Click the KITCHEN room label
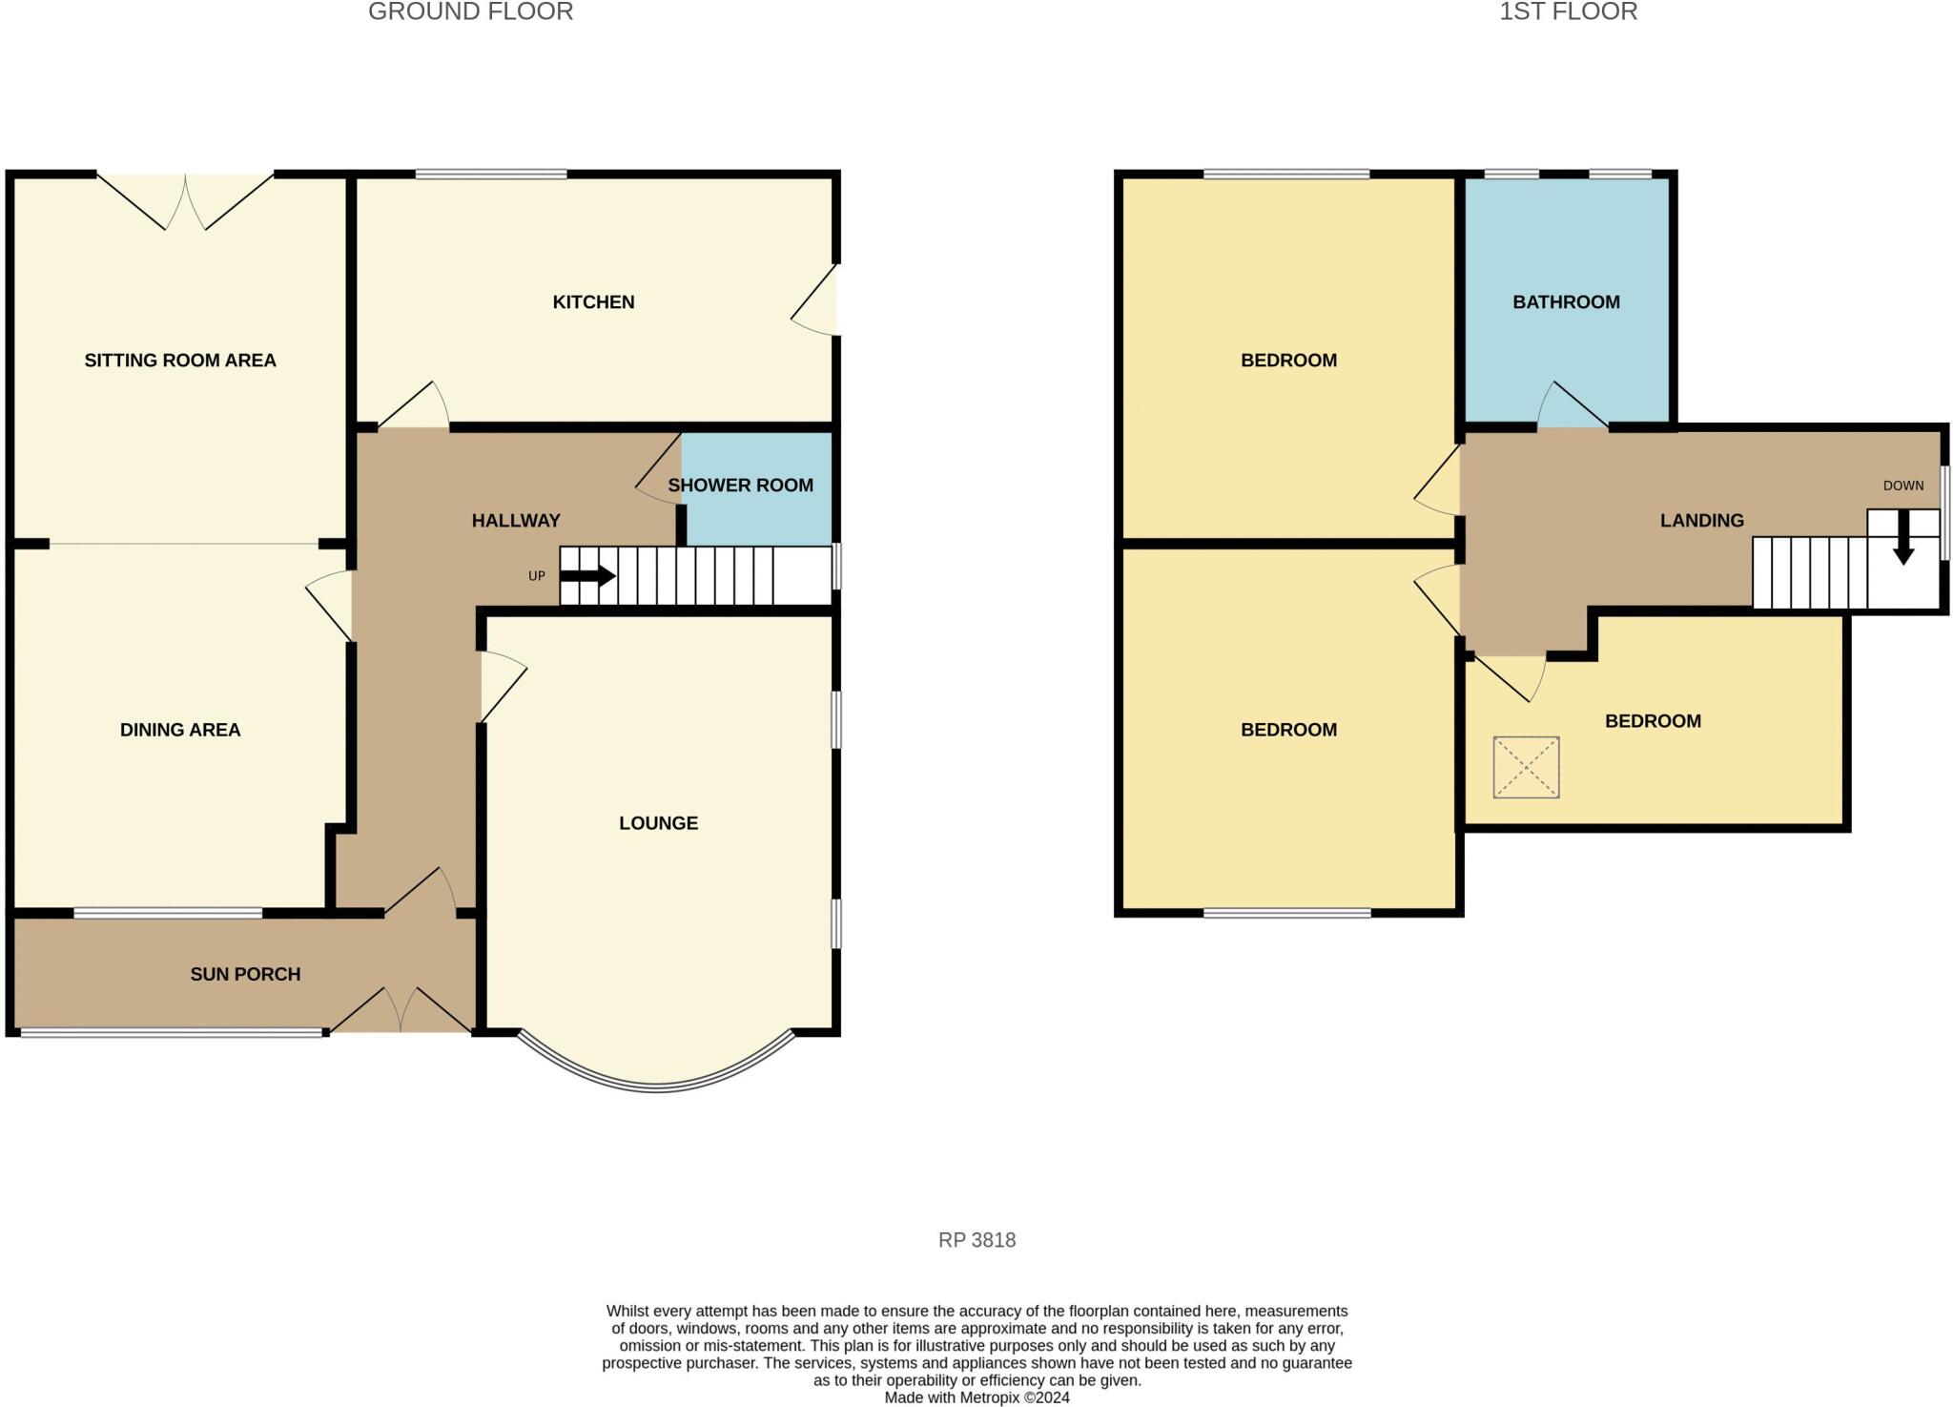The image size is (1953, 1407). click(593, 302)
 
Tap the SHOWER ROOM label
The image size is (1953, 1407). click(740, 486)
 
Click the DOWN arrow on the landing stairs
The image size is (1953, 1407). click(1902, 539)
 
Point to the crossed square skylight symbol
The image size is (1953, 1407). click(1526, 767)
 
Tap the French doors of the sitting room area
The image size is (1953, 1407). click(186, 202)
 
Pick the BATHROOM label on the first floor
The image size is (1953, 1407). click(1566, 302)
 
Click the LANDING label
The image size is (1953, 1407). click(1701, 521)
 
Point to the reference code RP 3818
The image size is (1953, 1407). click(976, 1240)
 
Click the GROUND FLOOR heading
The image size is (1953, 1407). click(470, 12)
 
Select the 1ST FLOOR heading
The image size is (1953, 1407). click(1568, 12)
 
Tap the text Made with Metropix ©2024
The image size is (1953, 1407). click(976, 1397)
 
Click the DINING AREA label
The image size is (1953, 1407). click(180, 730)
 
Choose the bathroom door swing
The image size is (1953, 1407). click(1572, 407)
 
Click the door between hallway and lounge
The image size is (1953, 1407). click(501, 686)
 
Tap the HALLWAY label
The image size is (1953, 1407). click(516, 521)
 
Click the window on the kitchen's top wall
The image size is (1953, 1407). click(491, 175)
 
